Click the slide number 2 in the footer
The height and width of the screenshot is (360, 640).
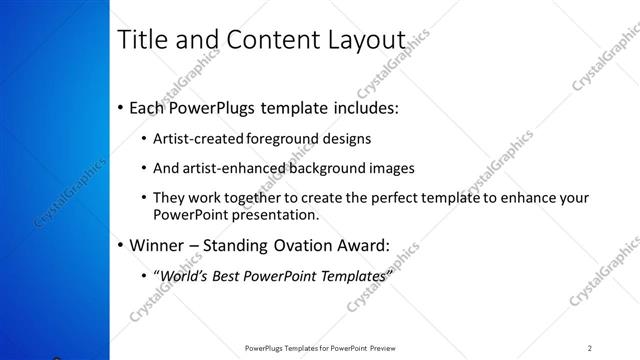(x=590, y=348)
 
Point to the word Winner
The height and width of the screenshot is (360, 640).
(x=159, y=244)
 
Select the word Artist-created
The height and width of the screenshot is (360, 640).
(x=194, y=138)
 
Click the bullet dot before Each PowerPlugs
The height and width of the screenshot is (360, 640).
(x=121, y=107)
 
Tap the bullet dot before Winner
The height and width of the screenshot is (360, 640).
(x=121, y=244)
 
